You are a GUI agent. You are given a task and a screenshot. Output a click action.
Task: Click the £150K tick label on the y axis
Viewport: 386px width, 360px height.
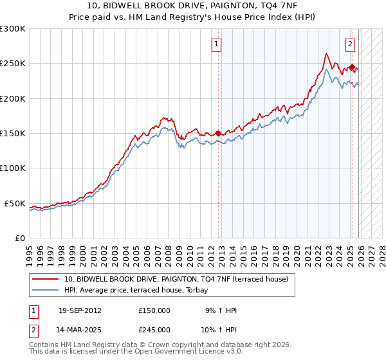pos(13,134)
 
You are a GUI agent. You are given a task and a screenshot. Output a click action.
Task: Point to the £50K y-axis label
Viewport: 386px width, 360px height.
pos(15,203)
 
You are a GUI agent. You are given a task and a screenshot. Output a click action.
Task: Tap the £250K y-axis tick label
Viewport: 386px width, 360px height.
pos(13,64)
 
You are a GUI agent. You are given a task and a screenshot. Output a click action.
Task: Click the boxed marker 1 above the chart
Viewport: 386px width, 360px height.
pos(216,44)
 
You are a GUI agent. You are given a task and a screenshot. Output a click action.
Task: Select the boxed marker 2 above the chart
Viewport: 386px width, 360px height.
pos(350,44)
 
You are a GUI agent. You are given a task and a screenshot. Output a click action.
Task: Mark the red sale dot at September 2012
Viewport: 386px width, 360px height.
pos(218,133)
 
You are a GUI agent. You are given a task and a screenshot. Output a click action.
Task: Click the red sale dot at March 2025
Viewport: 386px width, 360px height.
pos(353,67)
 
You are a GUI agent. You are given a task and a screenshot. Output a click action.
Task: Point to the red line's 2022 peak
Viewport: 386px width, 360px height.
pos(327,54)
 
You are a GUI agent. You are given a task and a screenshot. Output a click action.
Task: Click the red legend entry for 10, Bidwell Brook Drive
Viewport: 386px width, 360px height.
pos(179,279)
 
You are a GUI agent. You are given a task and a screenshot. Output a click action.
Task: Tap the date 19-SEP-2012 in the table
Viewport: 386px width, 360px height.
pos(80,310)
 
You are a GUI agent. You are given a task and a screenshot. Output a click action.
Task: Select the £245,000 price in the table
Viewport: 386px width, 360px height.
pos(154,330)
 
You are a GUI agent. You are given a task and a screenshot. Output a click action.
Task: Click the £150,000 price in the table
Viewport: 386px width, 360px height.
pos(154,310)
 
